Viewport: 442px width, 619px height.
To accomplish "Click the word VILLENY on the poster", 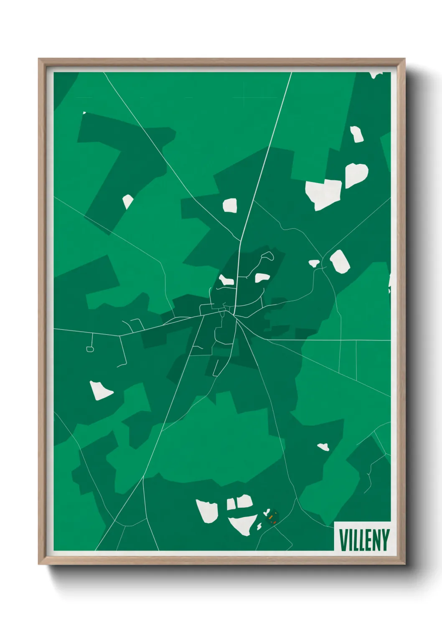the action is pyautogui.click(x=364, y=540).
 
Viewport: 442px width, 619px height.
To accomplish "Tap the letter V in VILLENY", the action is pyautogui.click(x=343, y=540).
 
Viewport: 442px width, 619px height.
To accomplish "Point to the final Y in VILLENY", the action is pyautogui.click(x=385, y=540).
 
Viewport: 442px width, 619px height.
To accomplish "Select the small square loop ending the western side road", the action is pyautogui.click(x=90, y=349).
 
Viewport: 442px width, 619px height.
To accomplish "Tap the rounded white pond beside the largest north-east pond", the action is pyautogui.click(x=356, y=174).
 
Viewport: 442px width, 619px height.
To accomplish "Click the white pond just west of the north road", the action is pyautogui.click(x=230, y=205).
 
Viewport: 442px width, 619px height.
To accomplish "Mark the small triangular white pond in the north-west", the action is pyautogui.click(x=127, y=201).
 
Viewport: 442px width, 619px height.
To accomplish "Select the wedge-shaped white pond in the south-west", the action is pyautogui.click(x=100, y=391).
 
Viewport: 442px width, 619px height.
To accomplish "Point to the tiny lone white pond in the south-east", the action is pyautogui.click(x=323, y=447).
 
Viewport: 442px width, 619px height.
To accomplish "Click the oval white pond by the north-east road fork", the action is pyautogui.click(x=340, y=261).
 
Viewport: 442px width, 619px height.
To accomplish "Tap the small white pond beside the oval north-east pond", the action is pyautogui.click(x=314, y=263).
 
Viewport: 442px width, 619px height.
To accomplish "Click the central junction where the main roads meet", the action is pyautogui.click(x=234, y=314).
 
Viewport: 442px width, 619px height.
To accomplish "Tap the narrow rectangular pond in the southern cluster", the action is pyautogui.click(x=231, y=504).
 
